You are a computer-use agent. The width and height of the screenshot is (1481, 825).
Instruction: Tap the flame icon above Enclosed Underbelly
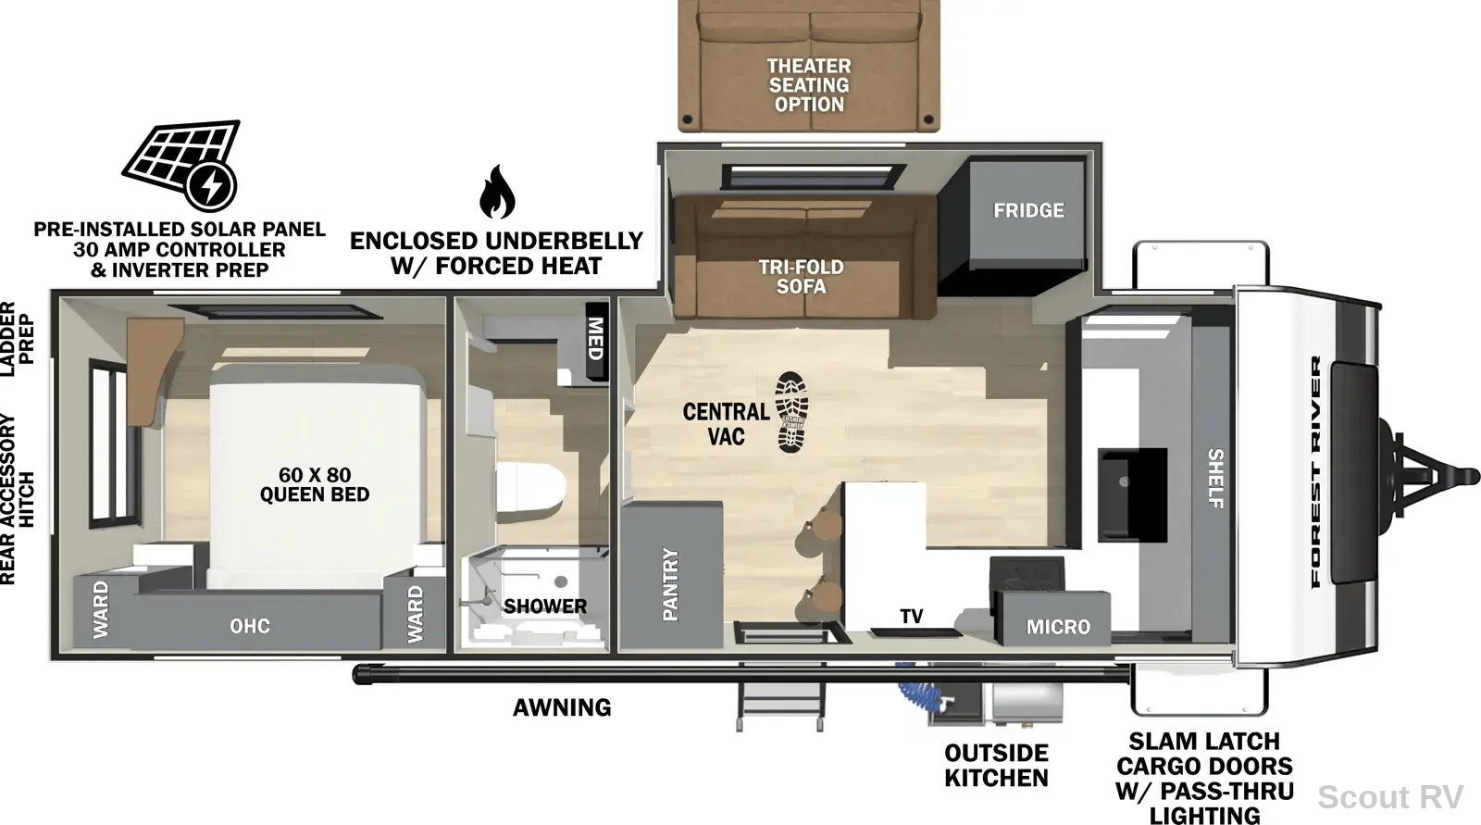point(496,192)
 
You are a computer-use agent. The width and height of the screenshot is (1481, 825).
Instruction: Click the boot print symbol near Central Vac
point(791,412)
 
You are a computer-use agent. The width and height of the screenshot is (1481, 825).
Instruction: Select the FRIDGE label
point(1028,210)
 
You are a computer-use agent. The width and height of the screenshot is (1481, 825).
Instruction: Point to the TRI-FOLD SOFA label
point(801,277)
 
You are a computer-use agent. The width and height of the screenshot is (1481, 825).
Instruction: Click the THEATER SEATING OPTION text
point(809,85)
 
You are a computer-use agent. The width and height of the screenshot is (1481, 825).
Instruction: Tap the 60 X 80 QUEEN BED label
point(315,484)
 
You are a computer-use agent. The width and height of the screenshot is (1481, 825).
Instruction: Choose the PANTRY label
point(670,584)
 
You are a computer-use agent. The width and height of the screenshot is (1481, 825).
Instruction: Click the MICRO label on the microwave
point(1058,627)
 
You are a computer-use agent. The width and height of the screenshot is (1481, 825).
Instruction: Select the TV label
point(911,617)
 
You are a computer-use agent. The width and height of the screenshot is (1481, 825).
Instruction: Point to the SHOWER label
point(545,606)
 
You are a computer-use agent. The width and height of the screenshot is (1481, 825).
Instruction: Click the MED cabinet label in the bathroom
point(596,339)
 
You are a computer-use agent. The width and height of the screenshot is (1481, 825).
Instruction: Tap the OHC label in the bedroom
point(250,626)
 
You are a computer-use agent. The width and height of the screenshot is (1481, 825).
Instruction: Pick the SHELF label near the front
point(1215,479)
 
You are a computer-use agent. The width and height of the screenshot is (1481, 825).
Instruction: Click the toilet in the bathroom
point(531,487)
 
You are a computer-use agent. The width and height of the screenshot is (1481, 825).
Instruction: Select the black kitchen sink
point(1132,494)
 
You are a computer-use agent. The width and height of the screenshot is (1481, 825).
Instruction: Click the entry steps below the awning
point(781,696)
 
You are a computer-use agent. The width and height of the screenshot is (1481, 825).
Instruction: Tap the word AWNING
point(562,708)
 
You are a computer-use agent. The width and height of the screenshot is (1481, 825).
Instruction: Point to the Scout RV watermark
point(1389,797)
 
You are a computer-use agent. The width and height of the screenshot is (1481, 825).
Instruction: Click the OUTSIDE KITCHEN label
point(996,766)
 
